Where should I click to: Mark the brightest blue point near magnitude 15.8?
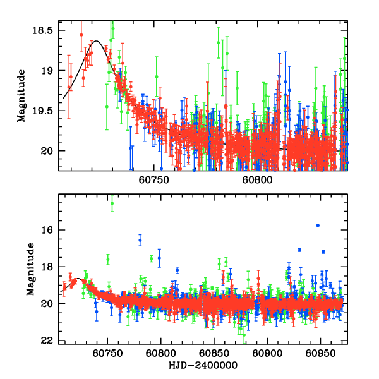(318, 226)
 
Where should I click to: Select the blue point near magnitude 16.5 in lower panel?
(140, 240)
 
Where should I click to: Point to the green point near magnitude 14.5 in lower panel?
(112, 203)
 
